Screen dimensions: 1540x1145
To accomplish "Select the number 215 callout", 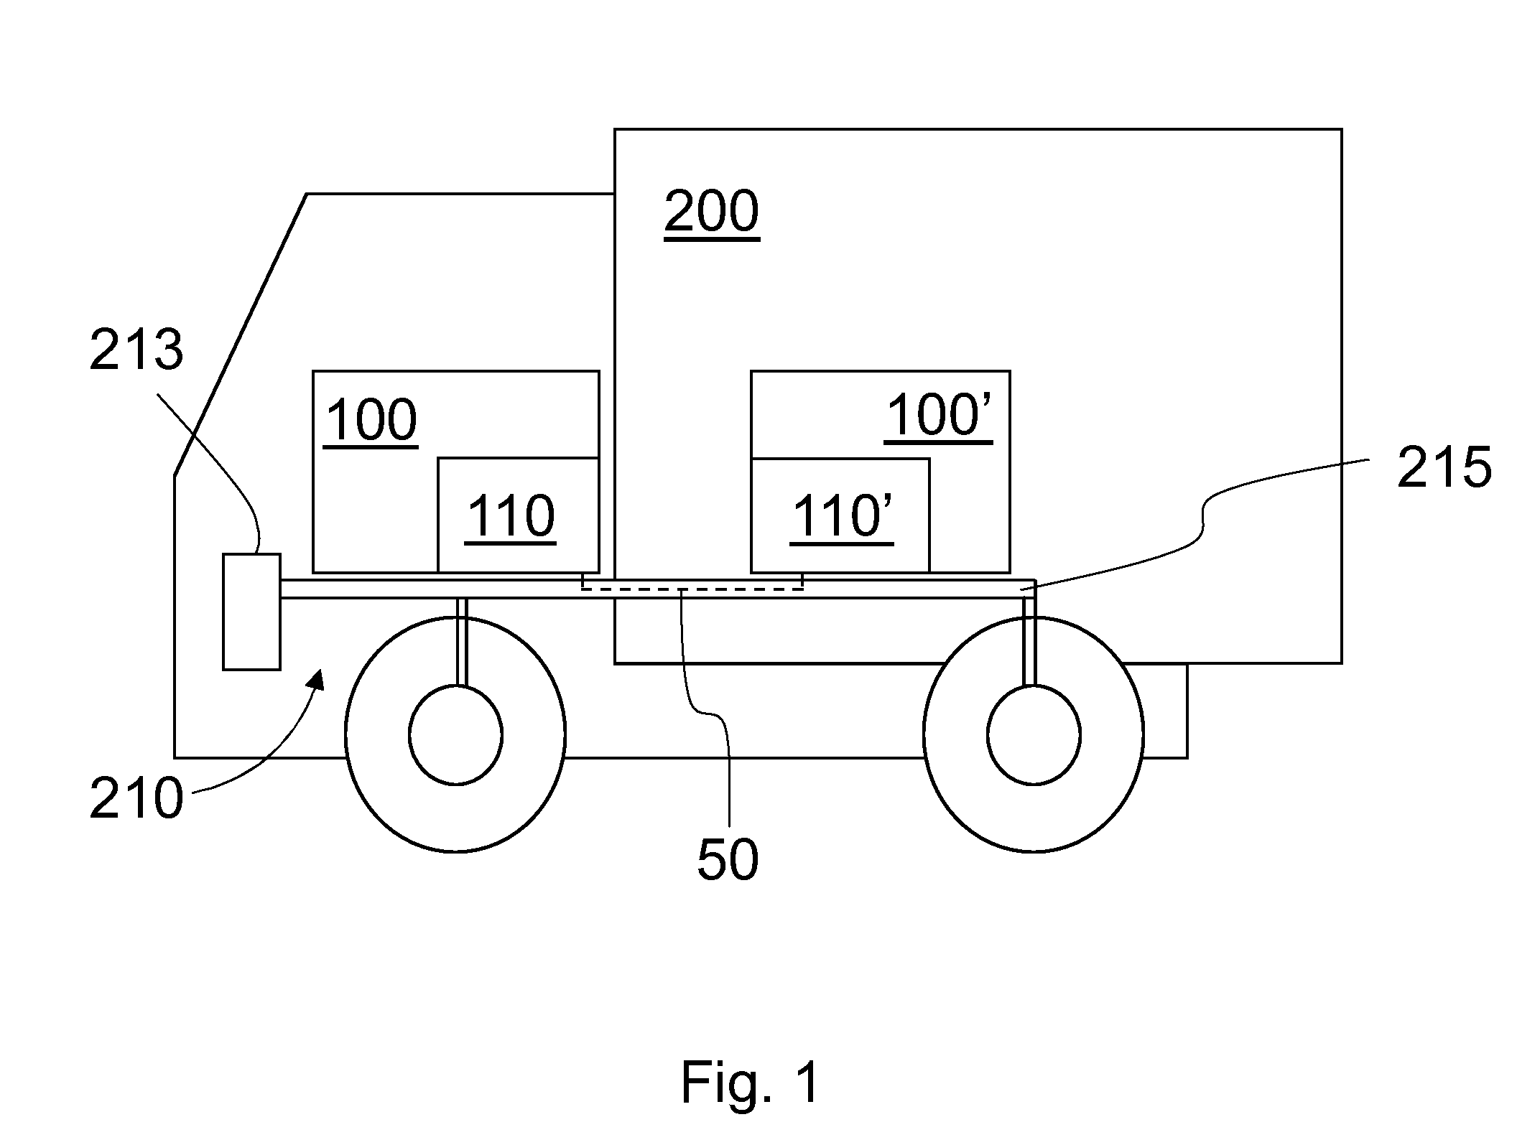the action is [1444, 468].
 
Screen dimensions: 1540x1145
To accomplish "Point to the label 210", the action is [136, 800].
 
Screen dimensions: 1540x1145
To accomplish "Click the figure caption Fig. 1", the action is [750, 1083].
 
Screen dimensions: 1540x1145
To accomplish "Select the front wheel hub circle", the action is [455, 734].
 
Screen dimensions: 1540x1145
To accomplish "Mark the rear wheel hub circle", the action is [1034, 734].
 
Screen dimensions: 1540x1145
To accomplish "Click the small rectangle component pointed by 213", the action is [251, 612].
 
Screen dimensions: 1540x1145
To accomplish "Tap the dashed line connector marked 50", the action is [692, 589].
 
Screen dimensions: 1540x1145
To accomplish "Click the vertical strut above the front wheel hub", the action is [462, 642].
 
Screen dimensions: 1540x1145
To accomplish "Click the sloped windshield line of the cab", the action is [241, 334].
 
